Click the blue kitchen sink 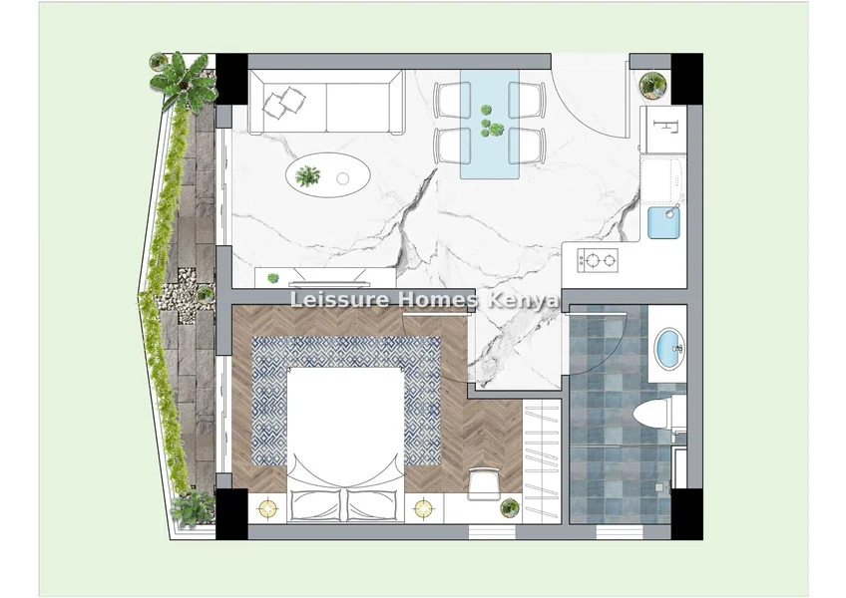[663, 222]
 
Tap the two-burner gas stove [598, 260]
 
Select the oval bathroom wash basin [668, 348]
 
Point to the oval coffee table [328, 175]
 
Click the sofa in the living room [326, 102]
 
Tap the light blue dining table [490, 124]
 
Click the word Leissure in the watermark [339, 299]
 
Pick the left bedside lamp [268, 508]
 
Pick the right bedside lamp [424, 508]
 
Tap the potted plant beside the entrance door [652, 85]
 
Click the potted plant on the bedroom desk [510, 507]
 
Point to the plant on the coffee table [307, 175]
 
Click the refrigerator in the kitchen [663, 129]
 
